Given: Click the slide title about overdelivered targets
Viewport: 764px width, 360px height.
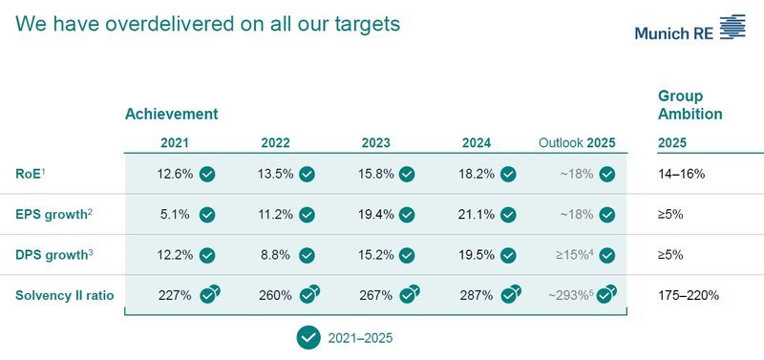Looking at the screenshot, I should pos(207,24).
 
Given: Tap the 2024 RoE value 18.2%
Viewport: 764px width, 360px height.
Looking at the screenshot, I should pos(477,175).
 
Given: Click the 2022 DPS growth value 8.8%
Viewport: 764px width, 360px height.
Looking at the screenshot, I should pos(276,255).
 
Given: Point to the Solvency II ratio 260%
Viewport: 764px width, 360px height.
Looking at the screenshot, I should pos(276,295).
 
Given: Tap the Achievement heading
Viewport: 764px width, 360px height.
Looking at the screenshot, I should pos(171,114).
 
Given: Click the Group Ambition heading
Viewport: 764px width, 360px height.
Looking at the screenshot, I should pos(690,105).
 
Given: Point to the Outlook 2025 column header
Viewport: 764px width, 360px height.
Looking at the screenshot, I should pos(577,143).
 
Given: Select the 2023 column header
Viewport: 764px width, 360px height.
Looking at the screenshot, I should pos(376,143).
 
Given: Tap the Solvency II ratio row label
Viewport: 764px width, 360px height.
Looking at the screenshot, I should pos(64,295).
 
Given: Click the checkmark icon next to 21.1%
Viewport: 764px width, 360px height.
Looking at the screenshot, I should pos(508,215).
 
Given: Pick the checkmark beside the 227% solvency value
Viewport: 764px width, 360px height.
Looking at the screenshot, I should pos(208,295).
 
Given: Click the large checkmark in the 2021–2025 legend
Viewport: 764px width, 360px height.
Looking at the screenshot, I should pos(308,337).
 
